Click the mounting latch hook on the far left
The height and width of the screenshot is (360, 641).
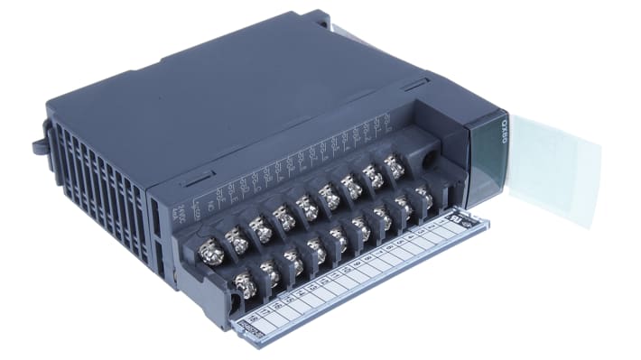[x=39, y=143]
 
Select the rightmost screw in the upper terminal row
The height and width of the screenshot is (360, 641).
[x=394, y=166]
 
